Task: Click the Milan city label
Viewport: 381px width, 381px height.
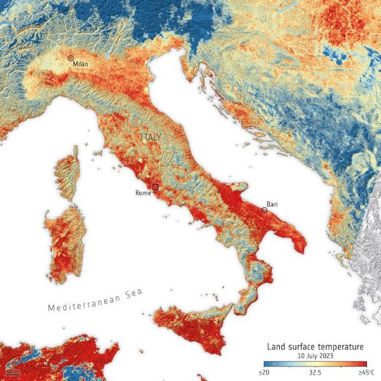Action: (x=80, y=64)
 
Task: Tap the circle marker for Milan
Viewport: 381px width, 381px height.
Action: (x=70, y=58)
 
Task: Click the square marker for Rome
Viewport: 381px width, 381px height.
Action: (x=155, y=187)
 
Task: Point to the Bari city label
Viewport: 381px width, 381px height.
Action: (x=272, y=204)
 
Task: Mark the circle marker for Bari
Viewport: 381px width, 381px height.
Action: (x=264, y=210)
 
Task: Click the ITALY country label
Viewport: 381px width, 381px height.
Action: (x=151, y=137)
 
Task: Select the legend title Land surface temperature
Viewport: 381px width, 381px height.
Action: (x=315, y=347)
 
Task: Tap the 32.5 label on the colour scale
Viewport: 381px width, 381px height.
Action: (x=314, y=371)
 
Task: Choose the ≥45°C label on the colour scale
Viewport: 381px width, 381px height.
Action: (x=366, y=371)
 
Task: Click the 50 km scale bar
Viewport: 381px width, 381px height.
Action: (x=11, y=370)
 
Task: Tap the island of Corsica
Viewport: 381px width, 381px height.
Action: (x=67, y=171)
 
